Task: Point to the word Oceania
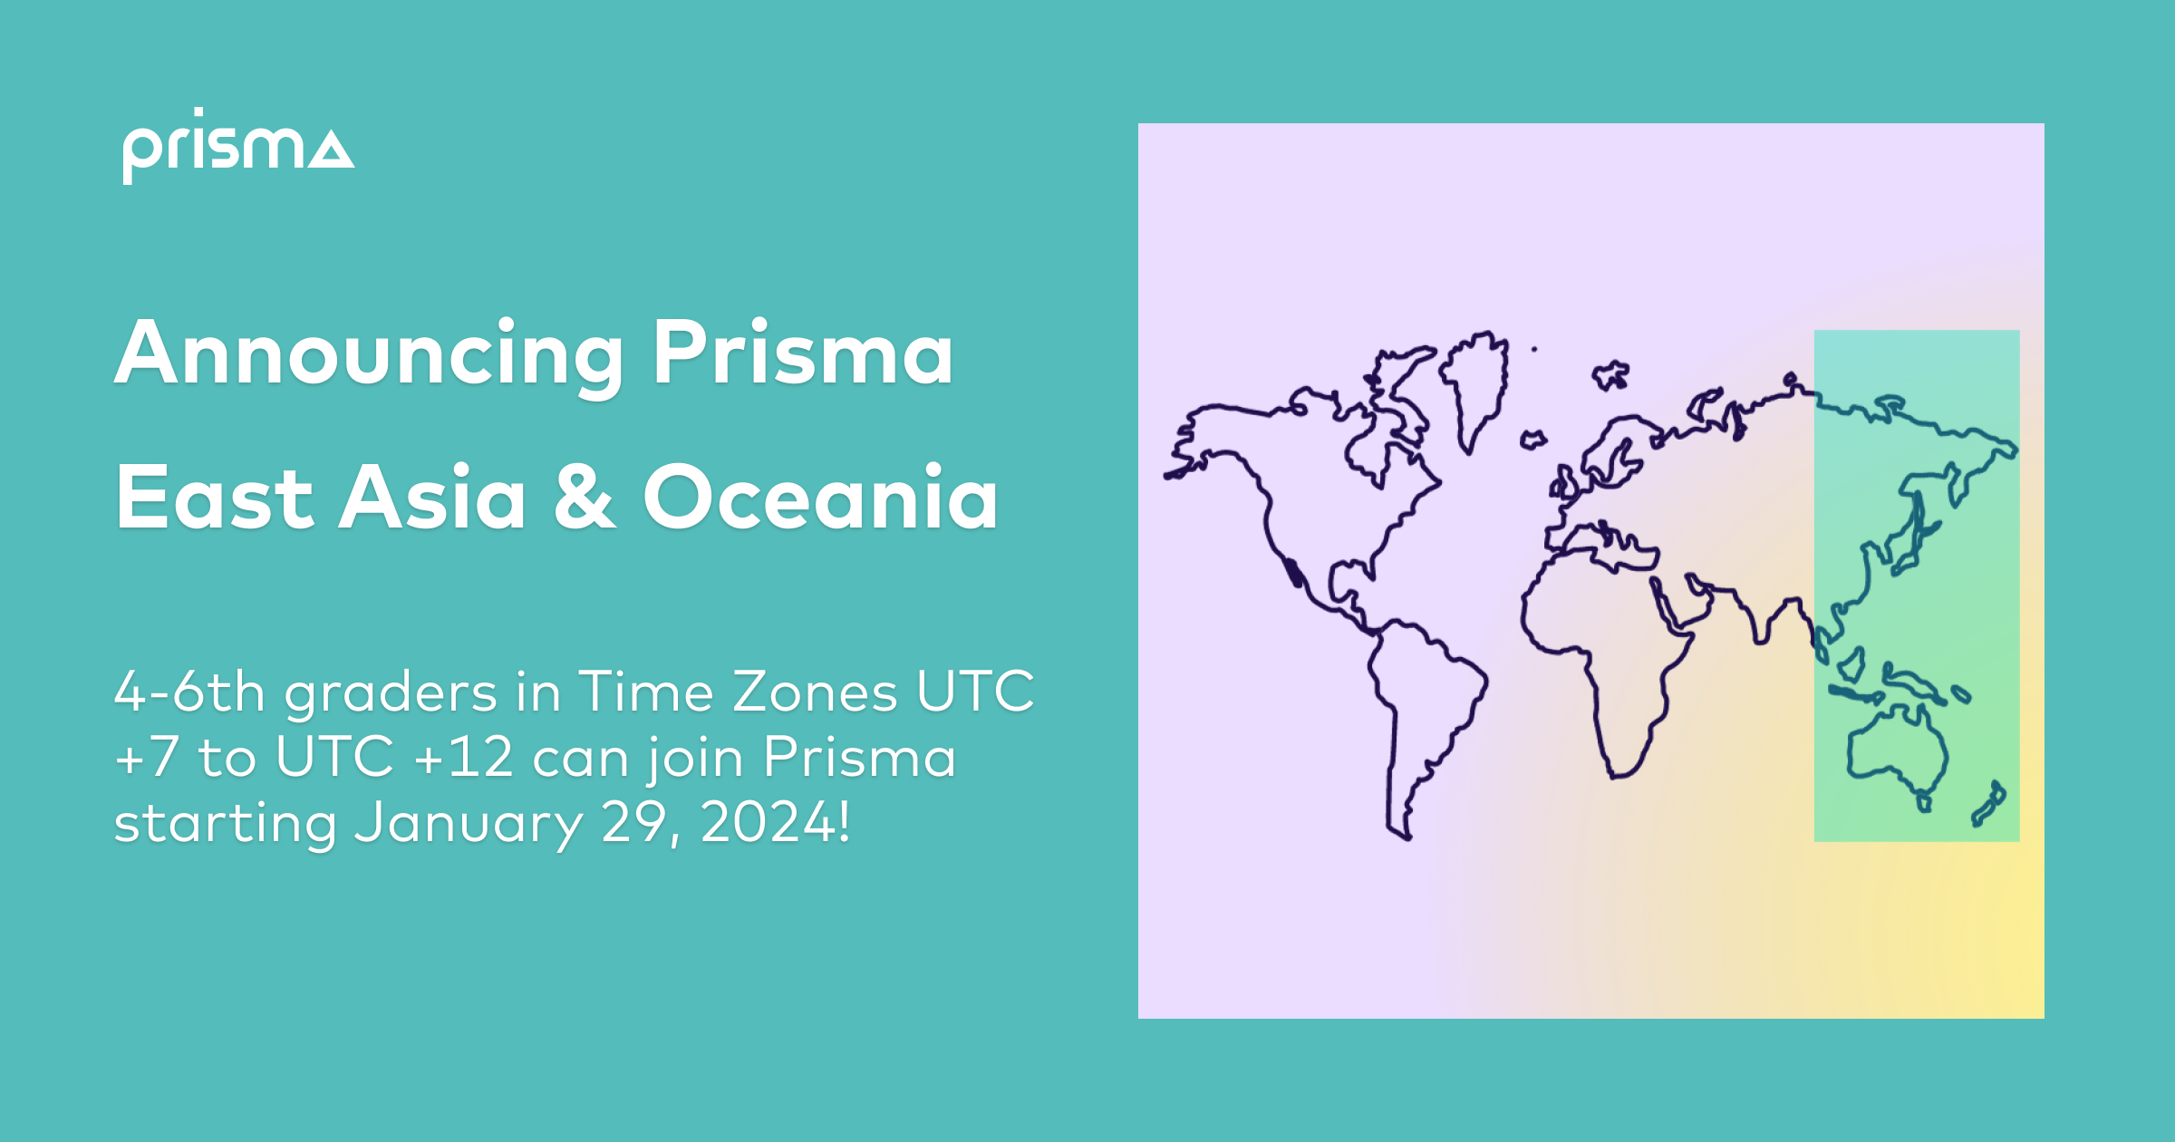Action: tap(820, 497)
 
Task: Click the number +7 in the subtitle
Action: tap(146, 758)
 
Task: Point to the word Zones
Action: tap(814, 692)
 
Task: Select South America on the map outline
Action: tap(1423, 698)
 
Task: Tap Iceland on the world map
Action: tap(1532, 440)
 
